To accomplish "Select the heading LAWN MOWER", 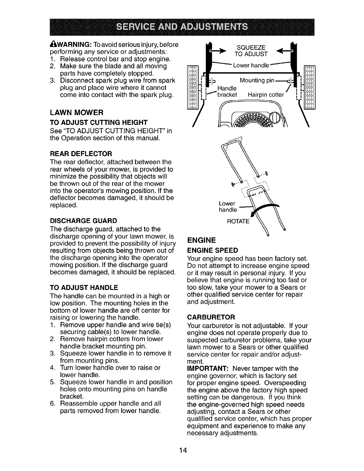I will (76, 113).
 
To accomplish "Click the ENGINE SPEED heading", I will (213, 250).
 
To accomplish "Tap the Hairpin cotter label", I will (266, 95).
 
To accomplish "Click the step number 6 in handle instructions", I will (52, 404).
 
